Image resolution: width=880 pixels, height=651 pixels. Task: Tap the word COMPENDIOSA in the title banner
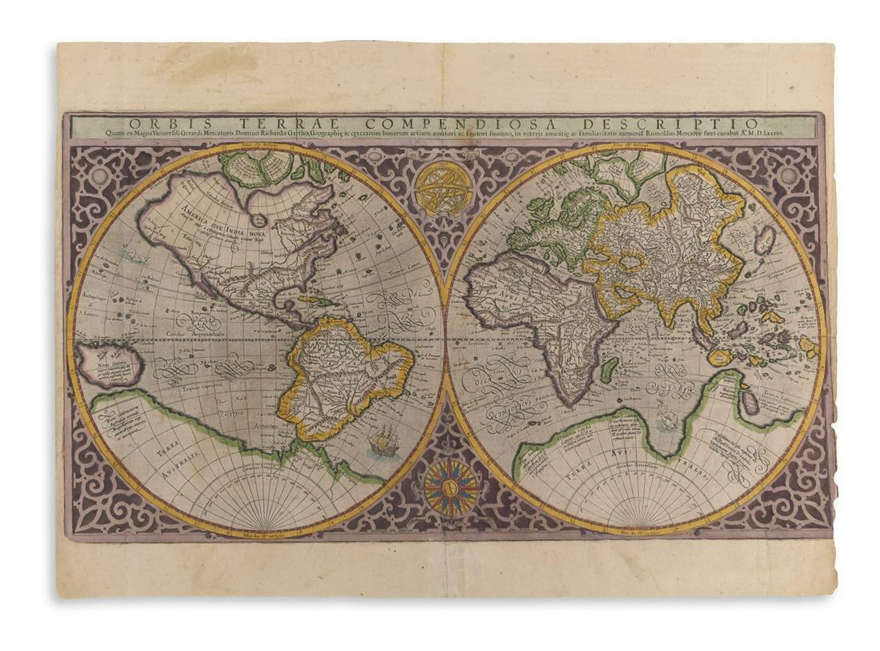446,123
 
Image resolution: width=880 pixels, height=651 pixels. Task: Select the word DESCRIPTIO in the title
694,123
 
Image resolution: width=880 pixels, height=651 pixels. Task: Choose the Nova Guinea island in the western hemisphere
113,365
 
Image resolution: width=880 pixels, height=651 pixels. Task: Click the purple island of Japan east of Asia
763,239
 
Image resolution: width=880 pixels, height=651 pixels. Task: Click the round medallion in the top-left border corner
98,174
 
